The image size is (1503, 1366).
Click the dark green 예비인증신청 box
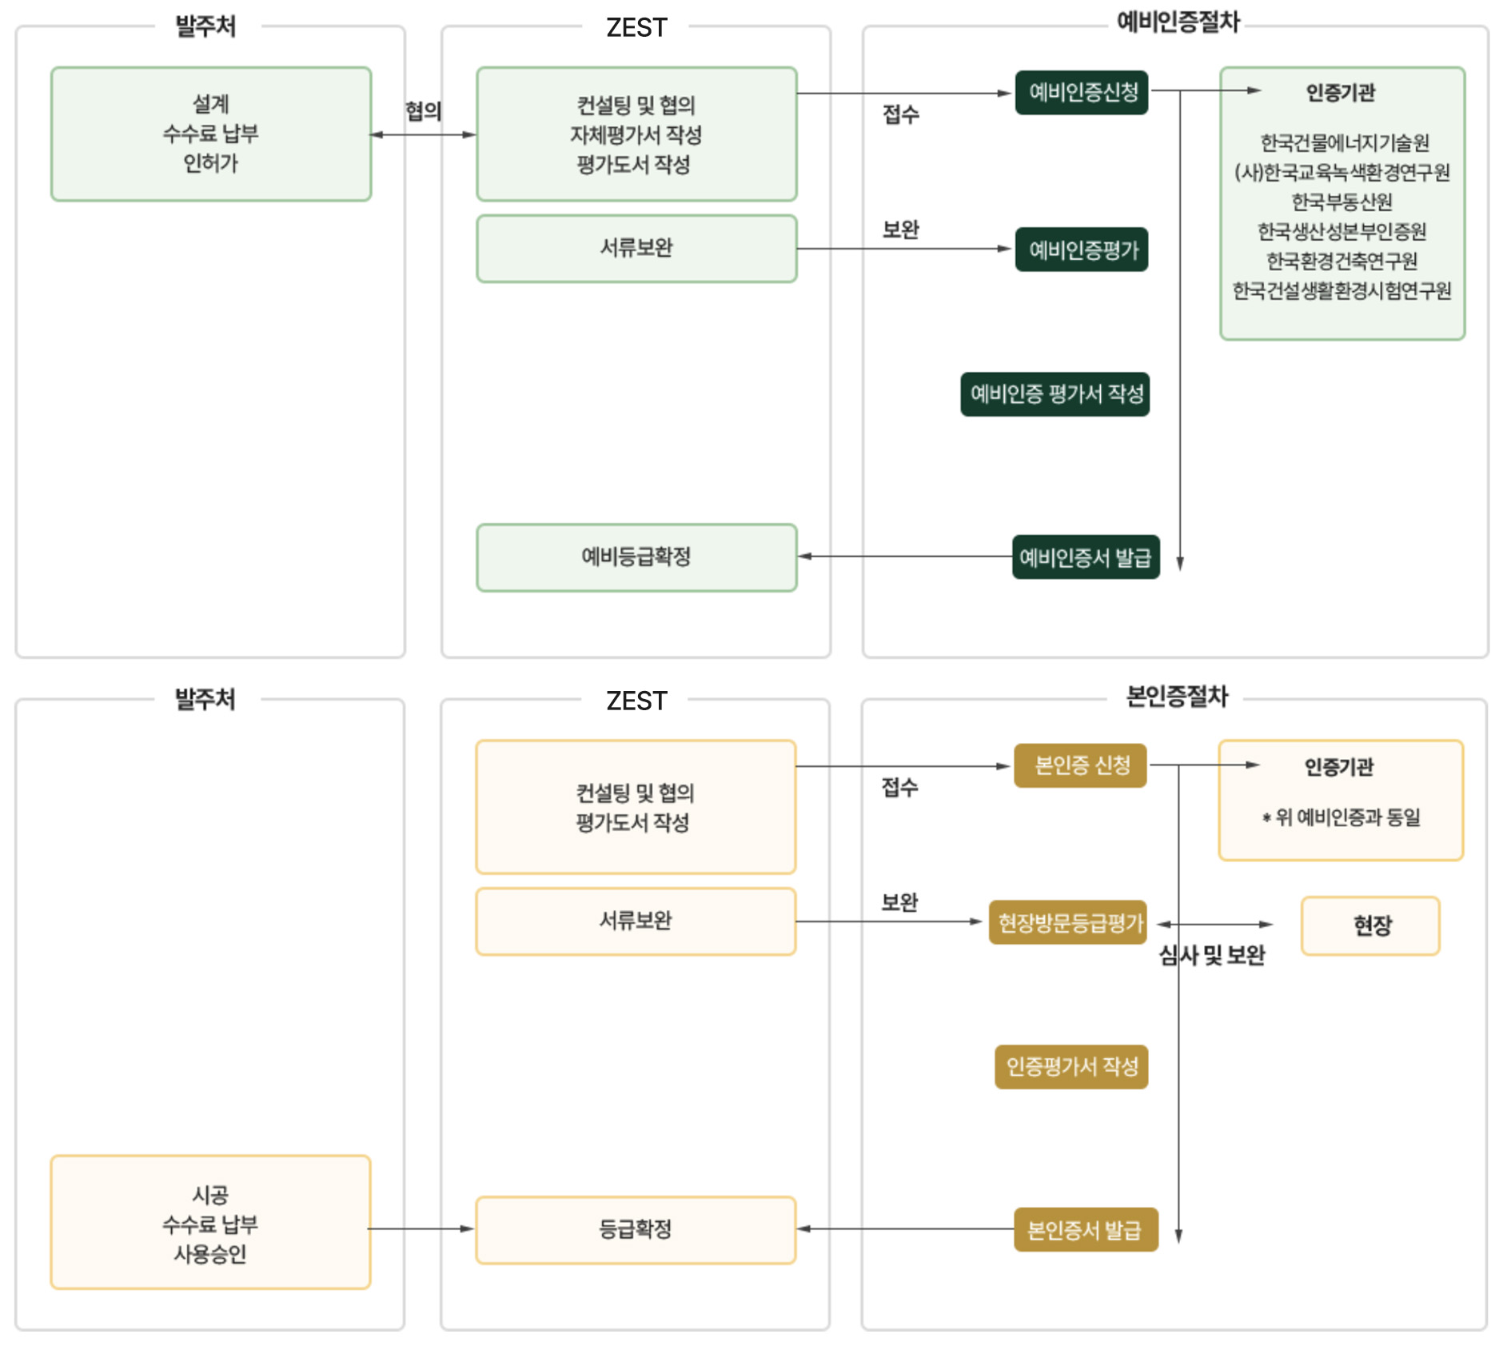tap(1082, 93)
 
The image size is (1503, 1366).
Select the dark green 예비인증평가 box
tap(1082, 250)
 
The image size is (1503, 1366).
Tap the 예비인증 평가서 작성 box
tap(1055, 393)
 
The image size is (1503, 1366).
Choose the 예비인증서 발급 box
tap(1085, 557)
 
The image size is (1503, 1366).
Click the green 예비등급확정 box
tap(636, 557)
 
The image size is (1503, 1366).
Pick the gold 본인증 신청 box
tap(1080, 765)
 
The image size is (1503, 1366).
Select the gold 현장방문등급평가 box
tap(1069, 923)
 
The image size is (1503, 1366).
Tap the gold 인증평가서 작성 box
tap(1071, 1066)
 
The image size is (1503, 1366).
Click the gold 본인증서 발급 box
tap(1085, 1229)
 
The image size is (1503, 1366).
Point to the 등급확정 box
tap(636, 1229)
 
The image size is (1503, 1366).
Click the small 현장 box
tap(1370, 925)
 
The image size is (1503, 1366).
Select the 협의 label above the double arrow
tap(423, 110)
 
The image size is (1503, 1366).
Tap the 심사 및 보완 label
tap(1212, 955)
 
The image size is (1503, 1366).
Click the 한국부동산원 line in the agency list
tap(1342, 202)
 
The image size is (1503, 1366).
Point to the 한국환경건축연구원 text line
tap(1342, 261)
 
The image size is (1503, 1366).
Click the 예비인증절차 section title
tap(1178, 22)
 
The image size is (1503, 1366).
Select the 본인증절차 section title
tap(1177, 696)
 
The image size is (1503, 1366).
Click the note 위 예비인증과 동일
tap(1341, 817)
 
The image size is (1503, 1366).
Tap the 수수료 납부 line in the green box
tap(211, 134)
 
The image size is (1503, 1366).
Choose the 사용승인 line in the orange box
tap(210, 1253)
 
